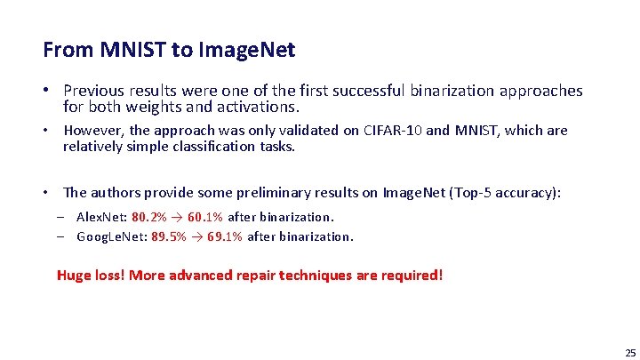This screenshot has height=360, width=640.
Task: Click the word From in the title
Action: (64, 50)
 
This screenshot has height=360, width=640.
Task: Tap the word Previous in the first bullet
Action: (97, 91)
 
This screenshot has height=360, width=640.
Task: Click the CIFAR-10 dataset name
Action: (394, 131)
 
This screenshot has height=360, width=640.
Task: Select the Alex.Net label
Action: (102, 217)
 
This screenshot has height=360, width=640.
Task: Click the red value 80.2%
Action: (148, 217)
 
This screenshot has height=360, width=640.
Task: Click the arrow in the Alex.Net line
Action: (177, 217)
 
